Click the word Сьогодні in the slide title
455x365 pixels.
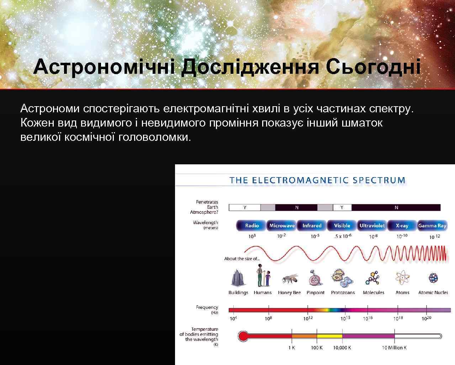tap(373, 67)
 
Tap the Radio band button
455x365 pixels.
tap(252, 226)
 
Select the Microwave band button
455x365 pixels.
tap(282, 226)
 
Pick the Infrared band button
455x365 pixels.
tap(312, 226)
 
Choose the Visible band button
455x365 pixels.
tap(342, 226)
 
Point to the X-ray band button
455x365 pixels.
tap(402, 226)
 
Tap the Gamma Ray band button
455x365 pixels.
tap(432, 226)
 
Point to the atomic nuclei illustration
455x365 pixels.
tap(433, 278)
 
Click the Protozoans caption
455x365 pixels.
tap(343, 293)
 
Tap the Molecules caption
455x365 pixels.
tap(374, 293)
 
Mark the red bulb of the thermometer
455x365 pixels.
tap(243, 336)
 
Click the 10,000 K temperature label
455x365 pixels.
tap(342, 348)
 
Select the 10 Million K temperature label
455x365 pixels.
tap(394, 348)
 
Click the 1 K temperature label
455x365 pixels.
tap(291, 348)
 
